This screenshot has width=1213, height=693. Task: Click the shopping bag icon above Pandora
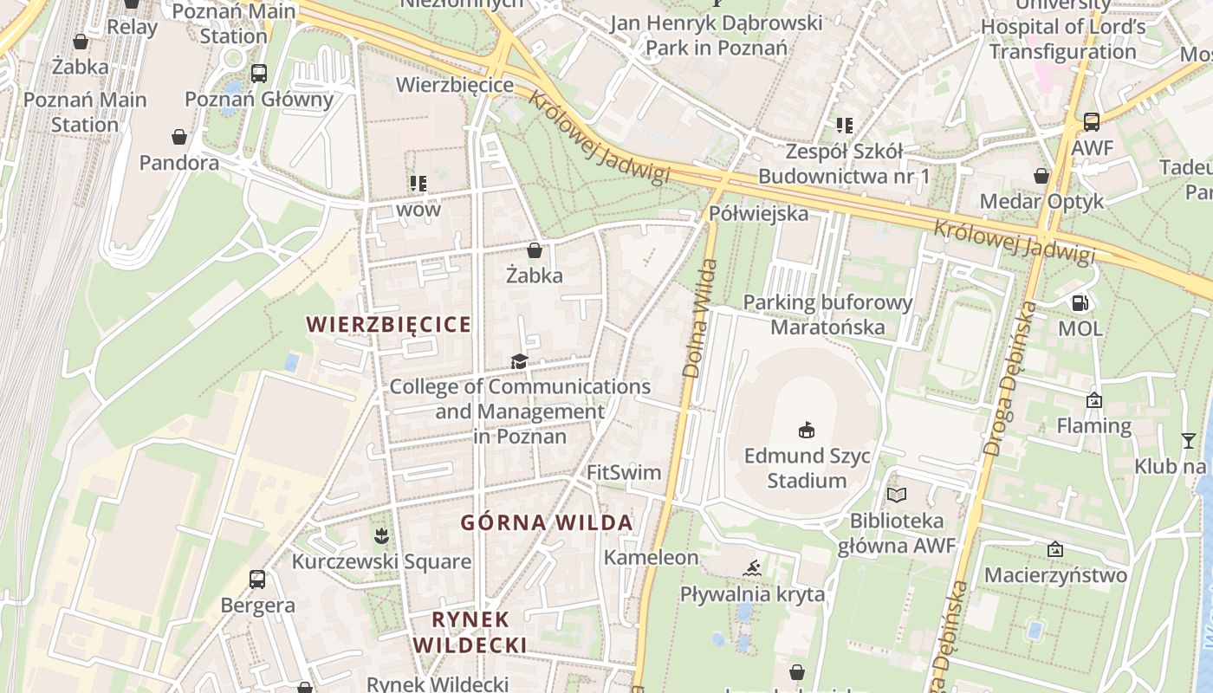179,137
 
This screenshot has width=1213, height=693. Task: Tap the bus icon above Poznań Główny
258,74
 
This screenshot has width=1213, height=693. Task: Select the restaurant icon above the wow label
418,184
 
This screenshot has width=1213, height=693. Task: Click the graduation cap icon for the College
519,361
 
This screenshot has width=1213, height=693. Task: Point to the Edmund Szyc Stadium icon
807,430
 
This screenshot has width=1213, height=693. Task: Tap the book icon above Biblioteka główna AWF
896,495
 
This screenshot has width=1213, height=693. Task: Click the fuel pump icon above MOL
1080,303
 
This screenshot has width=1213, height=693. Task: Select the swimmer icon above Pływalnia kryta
752,568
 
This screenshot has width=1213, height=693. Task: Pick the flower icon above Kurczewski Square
381,536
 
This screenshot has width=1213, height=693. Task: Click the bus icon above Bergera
257,579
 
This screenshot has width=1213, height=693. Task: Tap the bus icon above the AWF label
1092,122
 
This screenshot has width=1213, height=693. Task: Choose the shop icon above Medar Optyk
1041,176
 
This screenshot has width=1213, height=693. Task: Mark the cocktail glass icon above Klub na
1188,441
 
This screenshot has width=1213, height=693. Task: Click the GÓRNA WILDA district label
547,523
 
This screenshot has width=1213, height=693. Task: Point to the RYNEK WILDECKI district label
470,632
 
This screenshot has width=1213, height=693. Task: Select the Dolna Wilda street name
701,319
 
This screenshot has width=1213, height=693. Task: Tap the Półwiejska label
758,213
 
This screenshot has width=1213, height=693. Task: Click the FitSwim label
624,473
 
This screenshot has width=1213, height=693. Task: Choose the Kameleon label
651,557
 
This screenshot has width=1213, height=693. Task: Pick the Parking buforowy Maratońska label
828,314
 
